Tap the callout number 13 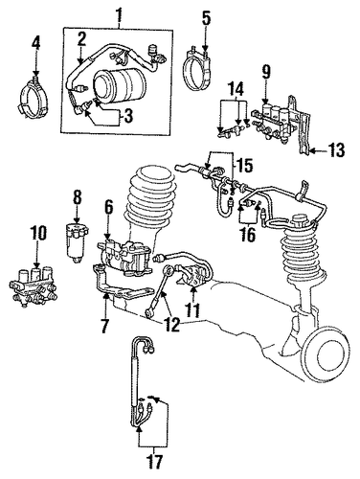(336, 150)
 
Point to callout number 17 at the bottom (154, 462)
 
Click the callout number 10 (38, 233)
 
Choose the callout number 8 (78, 197)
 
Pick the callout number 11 (192, 309)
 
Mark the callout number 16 (248, 236)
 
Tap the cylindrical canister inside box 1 (120, 85)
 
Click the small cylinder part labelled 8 (77, 243)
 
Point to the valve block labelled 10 (34, 285)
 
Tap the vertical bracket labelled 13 (302, 125)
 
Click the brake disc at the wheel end (326, 354)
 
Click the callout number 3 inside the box (127, 117)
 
